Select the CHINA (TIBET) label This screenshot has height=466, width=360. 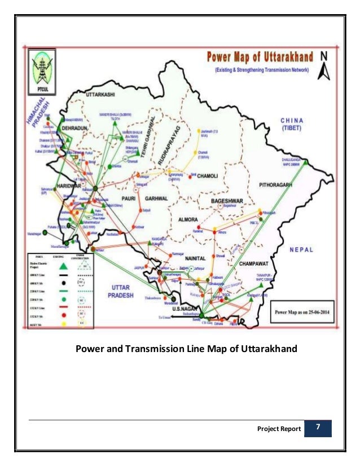(293, 124)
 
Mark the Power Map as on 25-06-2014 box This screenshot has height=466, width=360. (301, 311)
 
